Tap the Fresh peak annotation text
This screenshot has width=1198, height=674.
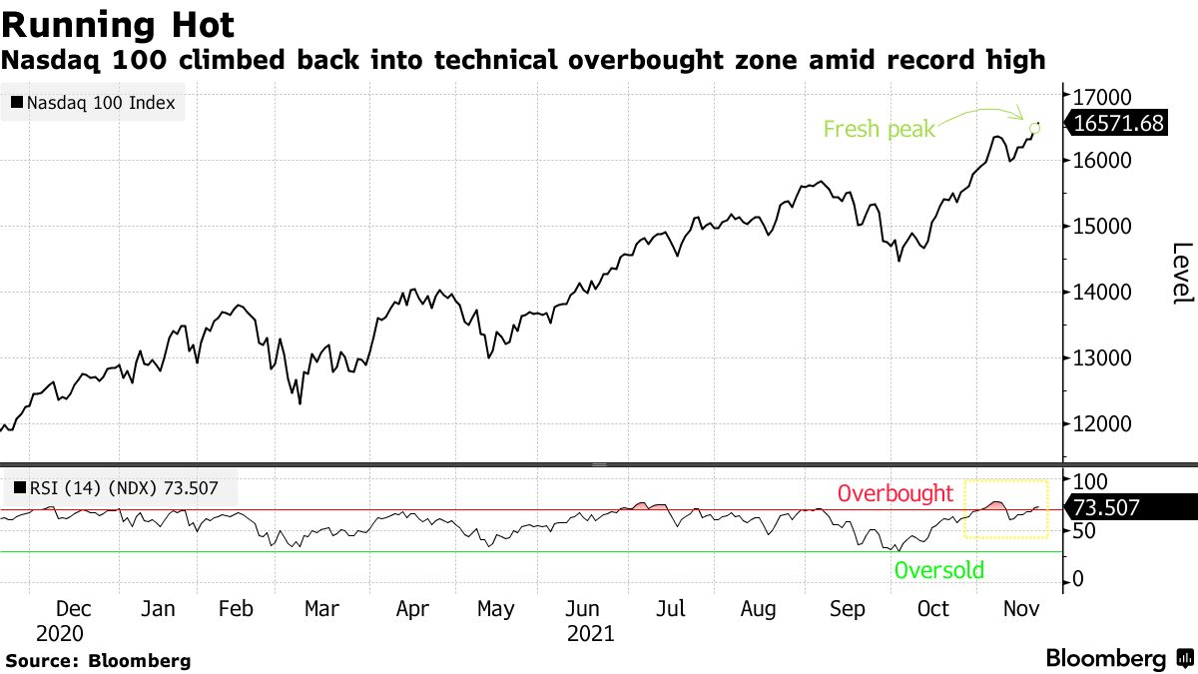tap(879, 129)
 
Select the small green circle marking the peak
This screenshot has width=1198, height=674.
tap(1034, 127)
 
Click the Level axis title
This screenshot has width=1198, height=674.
tap(1182, 273)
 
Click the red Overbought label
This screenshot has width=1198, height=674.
tap(895, 493)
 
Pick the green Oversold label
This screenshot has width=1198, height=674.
tap(938, 570)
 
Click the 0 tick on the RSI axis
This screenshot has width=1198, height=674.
tap(1079, 580)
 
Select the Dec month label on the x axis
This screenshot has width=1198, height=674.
tap(74, 609)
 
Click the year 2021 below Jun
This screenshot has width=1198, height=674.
tap(590, 633)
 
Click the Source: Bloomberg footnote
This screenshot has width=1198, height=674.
tap(98, 660)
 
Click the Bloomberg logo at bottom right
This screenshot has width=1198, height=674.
tap(1118, 658)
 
